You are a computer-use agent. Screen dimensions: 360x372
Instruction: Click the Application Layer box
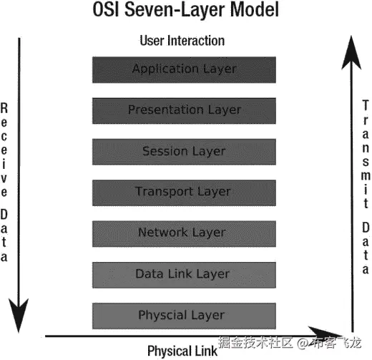tap(184, 69)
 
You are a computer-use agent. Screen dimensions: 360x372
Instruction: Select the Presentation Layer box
tap(184, 110)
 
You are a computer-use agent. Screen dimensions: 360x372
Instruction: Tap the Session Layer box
tap(184, 151)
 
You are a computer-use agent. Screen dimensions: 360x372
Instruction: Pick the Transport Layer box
tap(184, 192)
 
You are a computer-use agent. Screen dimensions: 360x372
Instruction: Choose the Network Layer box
tap(184, 233)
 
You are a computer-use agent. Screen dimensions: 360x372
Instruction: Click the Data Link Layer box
tap(184, 273)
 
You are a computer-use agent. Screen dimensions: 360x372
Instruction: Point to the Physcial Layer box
tap(184, 315)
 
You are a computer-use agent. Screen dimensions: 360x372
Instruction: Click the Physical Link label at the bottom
tap(182, 351)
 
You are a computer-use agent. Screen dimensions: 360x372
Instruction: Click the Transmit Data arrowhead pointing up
tap(351, 54)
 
